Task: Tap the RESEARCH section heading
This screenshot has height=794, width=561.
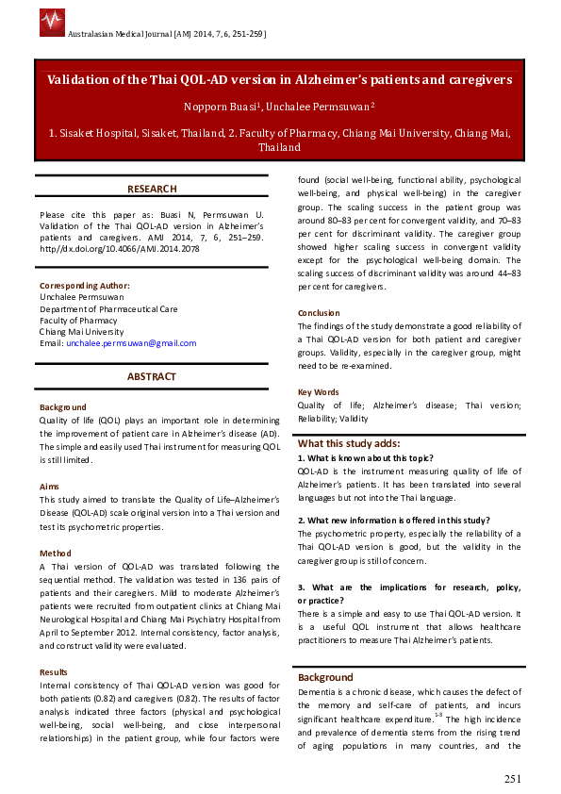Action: point(152,190)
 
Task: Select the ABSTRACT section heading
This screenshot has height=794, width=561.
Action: point(152,376)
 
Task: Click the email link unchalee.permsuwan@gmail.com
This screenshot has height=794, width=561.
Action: point(131,343)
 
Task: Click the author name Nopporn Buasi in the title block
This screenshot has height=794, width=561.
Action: point(219,108)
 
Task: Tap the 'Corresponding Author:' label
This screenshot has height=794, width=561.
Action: point(85,285)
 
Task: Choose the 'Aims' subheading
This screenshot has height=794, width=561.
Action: point(49,486)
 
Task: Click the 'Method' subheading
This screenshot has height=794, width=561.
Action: point(55,553)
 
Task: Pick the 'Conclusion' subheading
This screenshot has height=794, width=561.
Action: point(319,312)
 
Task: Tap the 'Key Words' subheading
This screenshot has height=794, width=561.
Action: point(319,392)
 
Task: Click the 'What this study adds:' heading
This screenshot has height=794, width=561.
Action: point(350,443)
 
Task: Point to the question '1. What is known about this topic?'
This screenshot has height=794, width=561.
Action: point(366,457)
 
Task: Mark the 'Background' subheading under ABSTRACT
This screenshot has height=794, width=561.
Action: point(62,407)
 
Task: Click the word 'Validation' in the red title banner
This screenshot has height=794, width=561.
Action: point(79,80)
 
